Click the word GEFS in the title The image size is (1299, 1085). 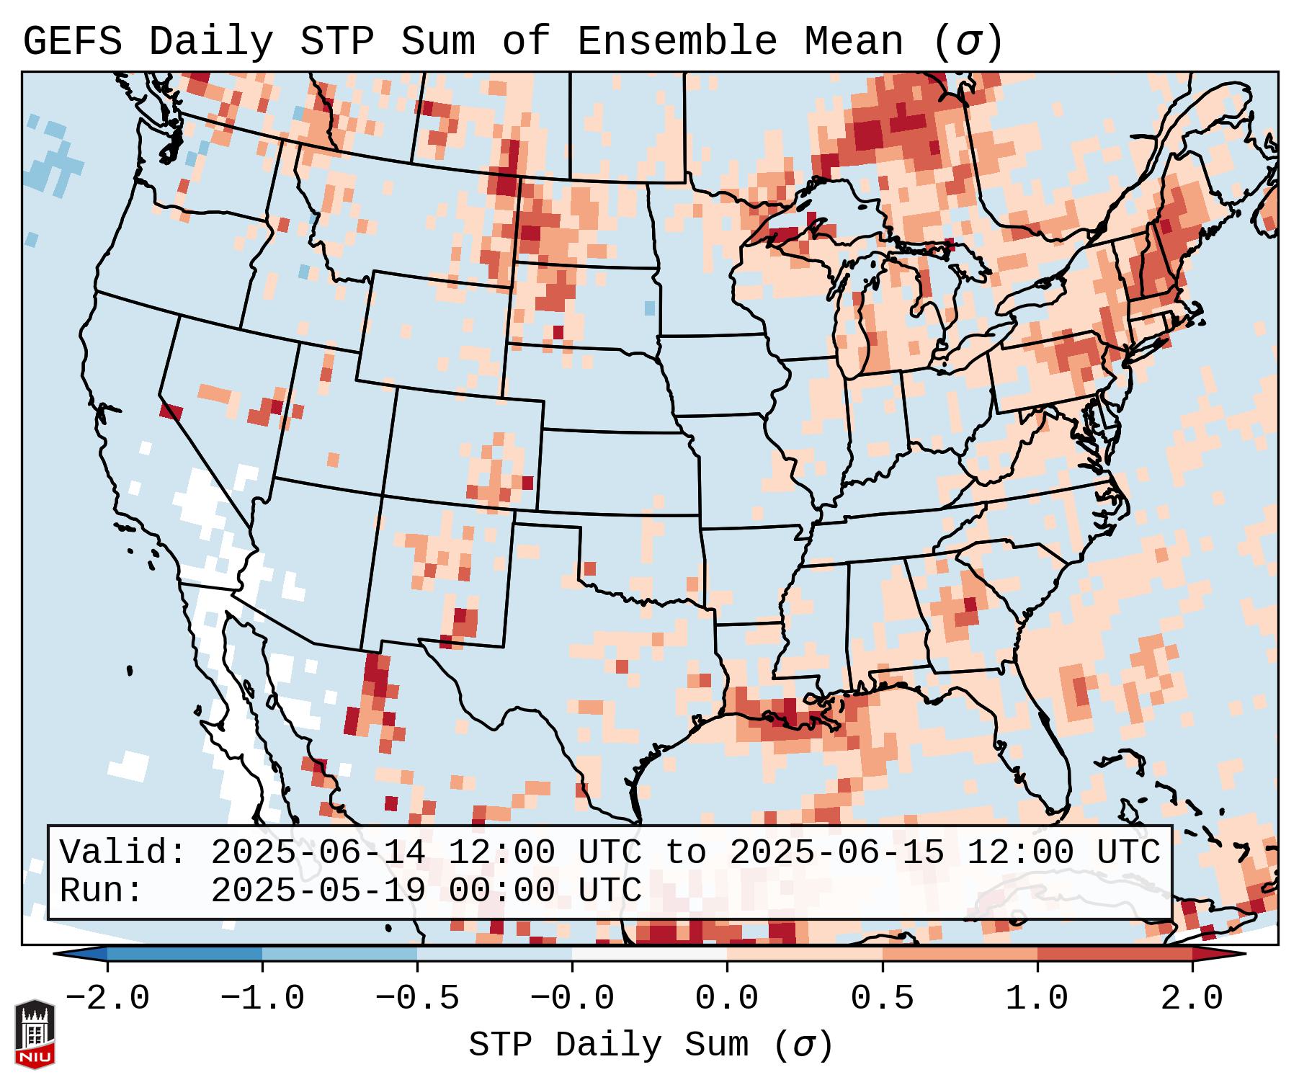pos(72,42)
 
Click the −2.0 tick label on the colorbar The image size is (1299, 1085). pos(107,999)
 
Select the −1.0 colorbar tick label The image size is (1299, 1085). pos(262,999)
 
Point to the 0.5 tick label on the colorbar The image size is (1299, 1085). pos(882,999)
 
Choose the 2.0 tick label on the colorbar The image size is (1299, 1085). pos(1192,999)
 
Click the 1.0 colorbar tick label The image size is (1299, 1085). pos(1037,999)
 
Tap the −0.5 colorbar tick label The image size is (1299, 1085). pos(417,999)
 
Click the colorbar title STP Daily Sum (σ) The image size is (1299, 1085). pos(650,1045)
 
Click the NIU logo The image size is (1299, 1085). pos(35,1035)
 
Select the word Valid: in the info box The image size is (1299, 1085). pos(123,852)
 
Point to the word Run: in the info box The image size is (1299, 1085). pos(102,890)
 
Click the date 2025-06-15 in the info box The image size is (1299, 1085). pos(836,852)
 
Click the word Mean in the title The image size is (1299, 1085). pos(853,42)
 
